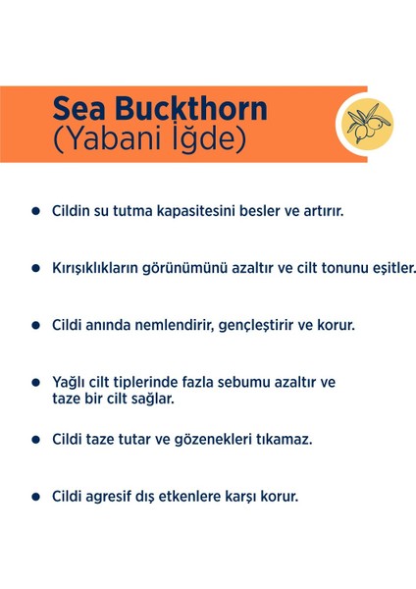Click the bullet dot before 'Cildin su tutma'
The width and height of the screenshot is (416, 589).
(36, 211)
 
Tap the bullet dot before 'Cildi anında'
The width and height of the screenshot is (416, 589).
(36, 323)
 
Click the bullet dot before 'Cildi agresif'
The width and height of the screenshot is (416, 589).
(36, 496)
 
